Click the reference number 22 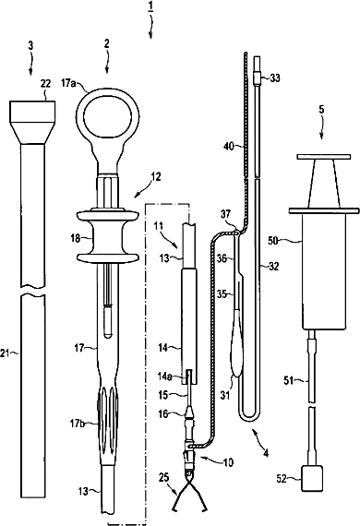45,84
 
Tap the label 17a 68,83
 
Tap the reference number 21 5,353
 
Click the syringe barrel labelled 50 324,271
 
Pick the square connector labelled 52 312,478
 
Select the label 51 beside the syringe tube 289,381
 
